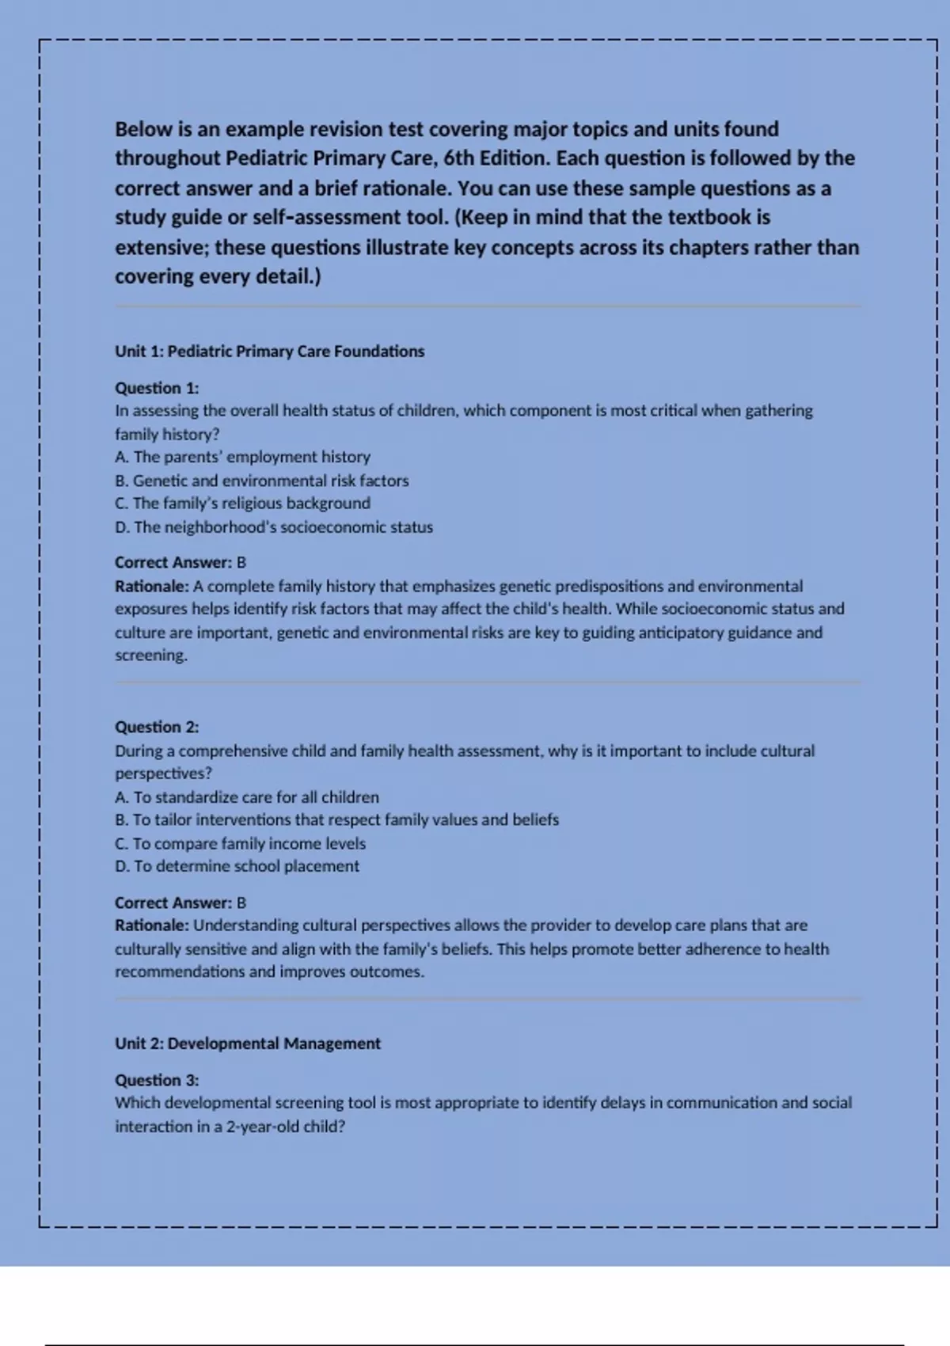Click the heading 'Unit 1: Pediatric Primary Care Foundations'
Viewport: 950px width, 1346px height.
click(x=269, y=352)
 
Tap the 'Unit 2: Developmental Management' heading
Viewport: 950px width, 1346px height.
click(x=247, y=1044)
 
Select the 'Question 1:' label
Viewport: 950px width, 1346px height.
click(x=157, y=388)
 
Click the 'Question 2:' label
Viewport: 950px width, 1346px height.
click(x=157, y=727)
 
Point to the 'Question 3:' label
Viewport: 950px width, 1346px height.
click(x=157, y=1080)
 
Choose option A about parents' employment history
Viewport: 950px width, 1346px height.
click(x=242, y=457)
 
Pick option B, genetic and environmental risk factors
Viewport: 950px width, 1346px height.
click(x=261, y=481)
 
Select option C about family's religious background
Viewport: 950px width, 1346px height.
click(x=242, y=504)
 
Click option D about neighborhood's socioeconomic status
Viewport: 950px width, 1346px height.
click(x=274, y=527)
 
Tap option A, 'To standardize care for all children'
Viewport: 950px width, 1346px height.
click(x=247, y=797)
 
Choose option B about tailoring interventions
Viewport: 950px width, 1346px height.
click(x=336, y=820)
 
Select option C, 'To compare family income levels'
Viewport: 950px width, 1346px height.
click(x=240, y=844)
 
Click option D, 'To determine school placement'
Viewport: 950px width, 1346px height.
click(x=237, y=866)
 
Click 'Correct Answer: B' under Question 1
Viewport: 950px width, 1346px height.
click(x=180, y=563)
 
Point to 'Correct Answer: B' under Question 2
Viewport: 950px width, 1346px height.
click(x=180, y=903)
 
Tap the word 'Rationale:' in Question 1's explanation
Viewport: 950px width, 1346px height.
click(x=152, y=587)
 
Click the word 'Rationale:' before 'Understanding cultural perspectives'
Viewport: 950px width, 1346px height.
click(x=152, y=926)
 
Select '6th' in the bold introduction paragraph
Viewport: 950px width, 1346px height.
click(x=458, y=158)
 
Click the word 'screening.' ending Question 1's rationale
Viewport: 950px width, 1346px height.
click(x=151, y=656)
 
